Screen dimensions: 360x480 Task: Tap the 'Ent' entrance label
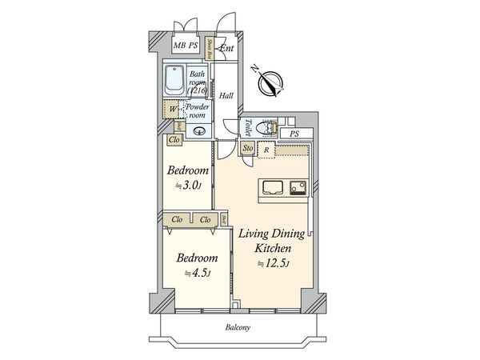[x=227, y=47]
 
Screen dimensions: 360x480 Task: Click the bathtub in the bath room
[x=174, y=80]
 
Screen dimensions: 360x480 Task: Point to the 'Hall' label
[x=226, y=96]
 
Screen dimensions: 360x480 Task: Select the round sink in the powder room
[x=200, y=133]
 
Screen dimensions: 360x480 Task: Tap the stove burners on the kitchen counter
[x=298, y=188]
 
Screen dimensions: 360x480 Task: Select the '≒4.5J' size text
[x=196, y=273]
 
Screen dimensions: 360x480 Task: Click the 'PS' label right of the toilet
[x=294, y=134]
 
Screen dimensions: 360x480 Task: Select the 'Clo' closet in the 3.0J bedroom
[x=174, y=140]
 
